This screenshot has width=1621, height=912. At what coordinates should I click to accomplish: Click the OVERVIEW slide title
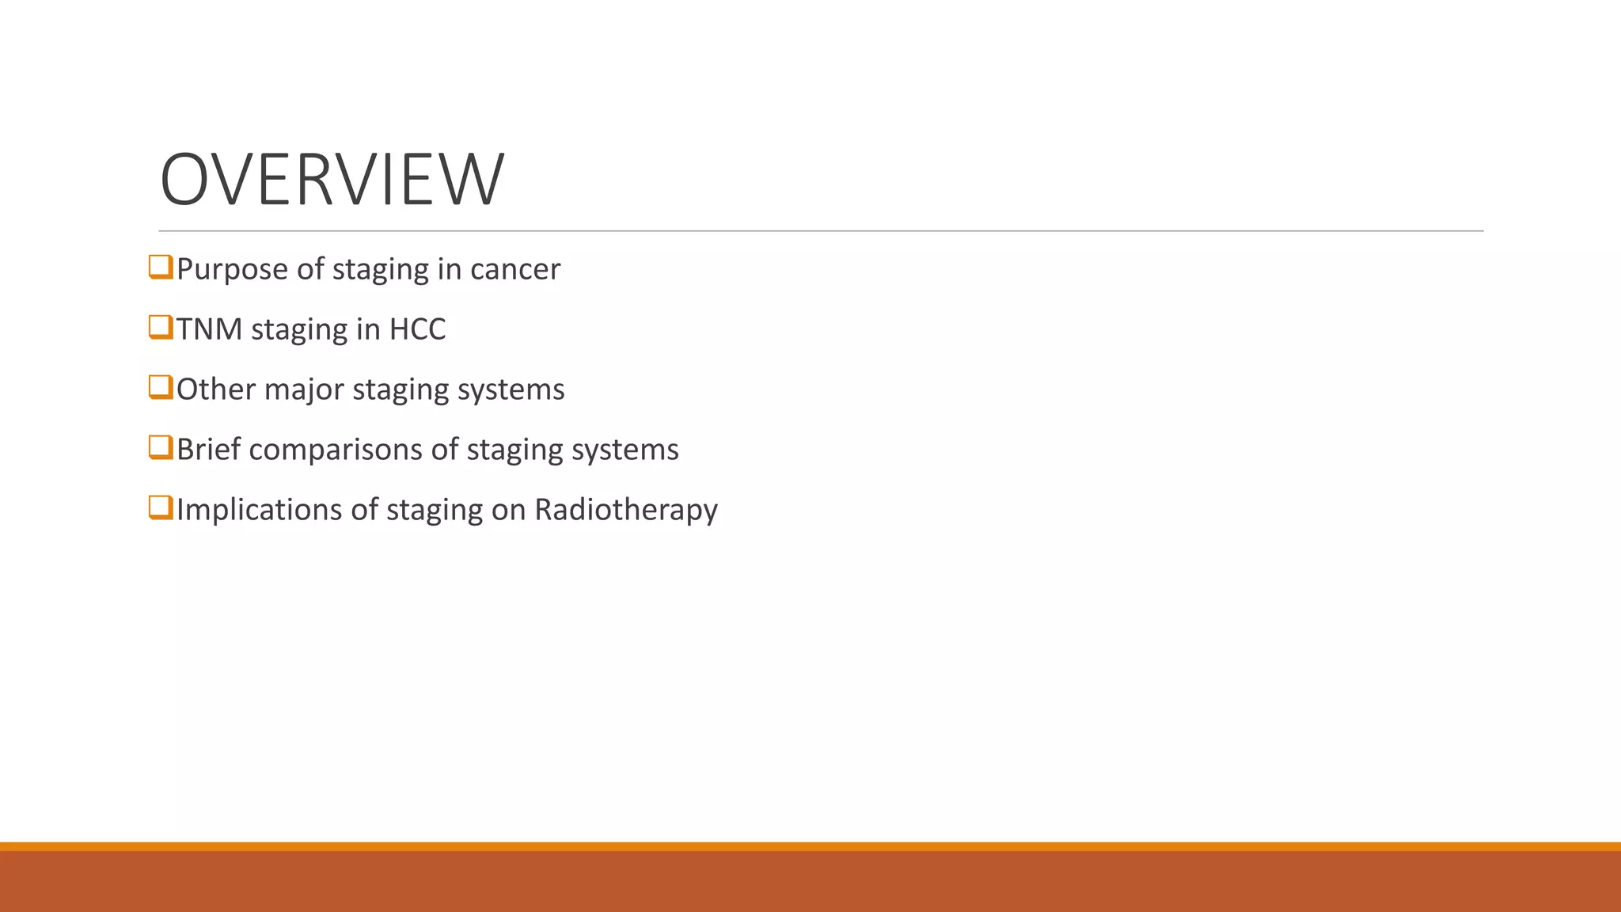(x=332, y=180)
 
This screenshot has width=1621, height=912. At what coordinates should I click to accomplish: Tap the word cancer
(x=514, y=270)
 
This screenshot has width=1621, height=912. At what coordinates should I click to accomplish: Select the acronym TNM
(x=209, y=329)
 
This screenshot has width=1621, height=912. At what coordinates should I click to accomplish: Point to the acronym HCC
(x=417, y=329)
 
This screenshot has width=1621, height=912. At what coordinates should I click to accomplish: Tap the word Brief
(x=208, y=450)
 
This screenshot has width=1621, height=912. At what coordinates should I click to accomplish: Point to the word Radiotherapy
(x=625, y=510)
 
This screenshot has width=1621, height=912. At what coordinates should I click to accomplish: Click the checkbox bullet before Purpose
(x=161, y=267)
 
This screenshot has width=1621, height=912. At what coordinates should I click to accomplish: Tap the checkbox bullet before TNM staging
(x=161, y=327)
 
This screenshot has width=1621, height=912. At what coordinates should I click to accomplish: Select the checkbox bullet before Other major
(x=161, y=387)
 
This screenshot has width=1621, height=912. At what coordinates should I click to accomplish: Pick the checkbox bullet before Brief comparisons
(x=161, y=447)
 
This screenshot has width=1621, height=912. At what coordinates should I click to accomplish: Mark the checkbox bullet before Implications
(x=161, y=507)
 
